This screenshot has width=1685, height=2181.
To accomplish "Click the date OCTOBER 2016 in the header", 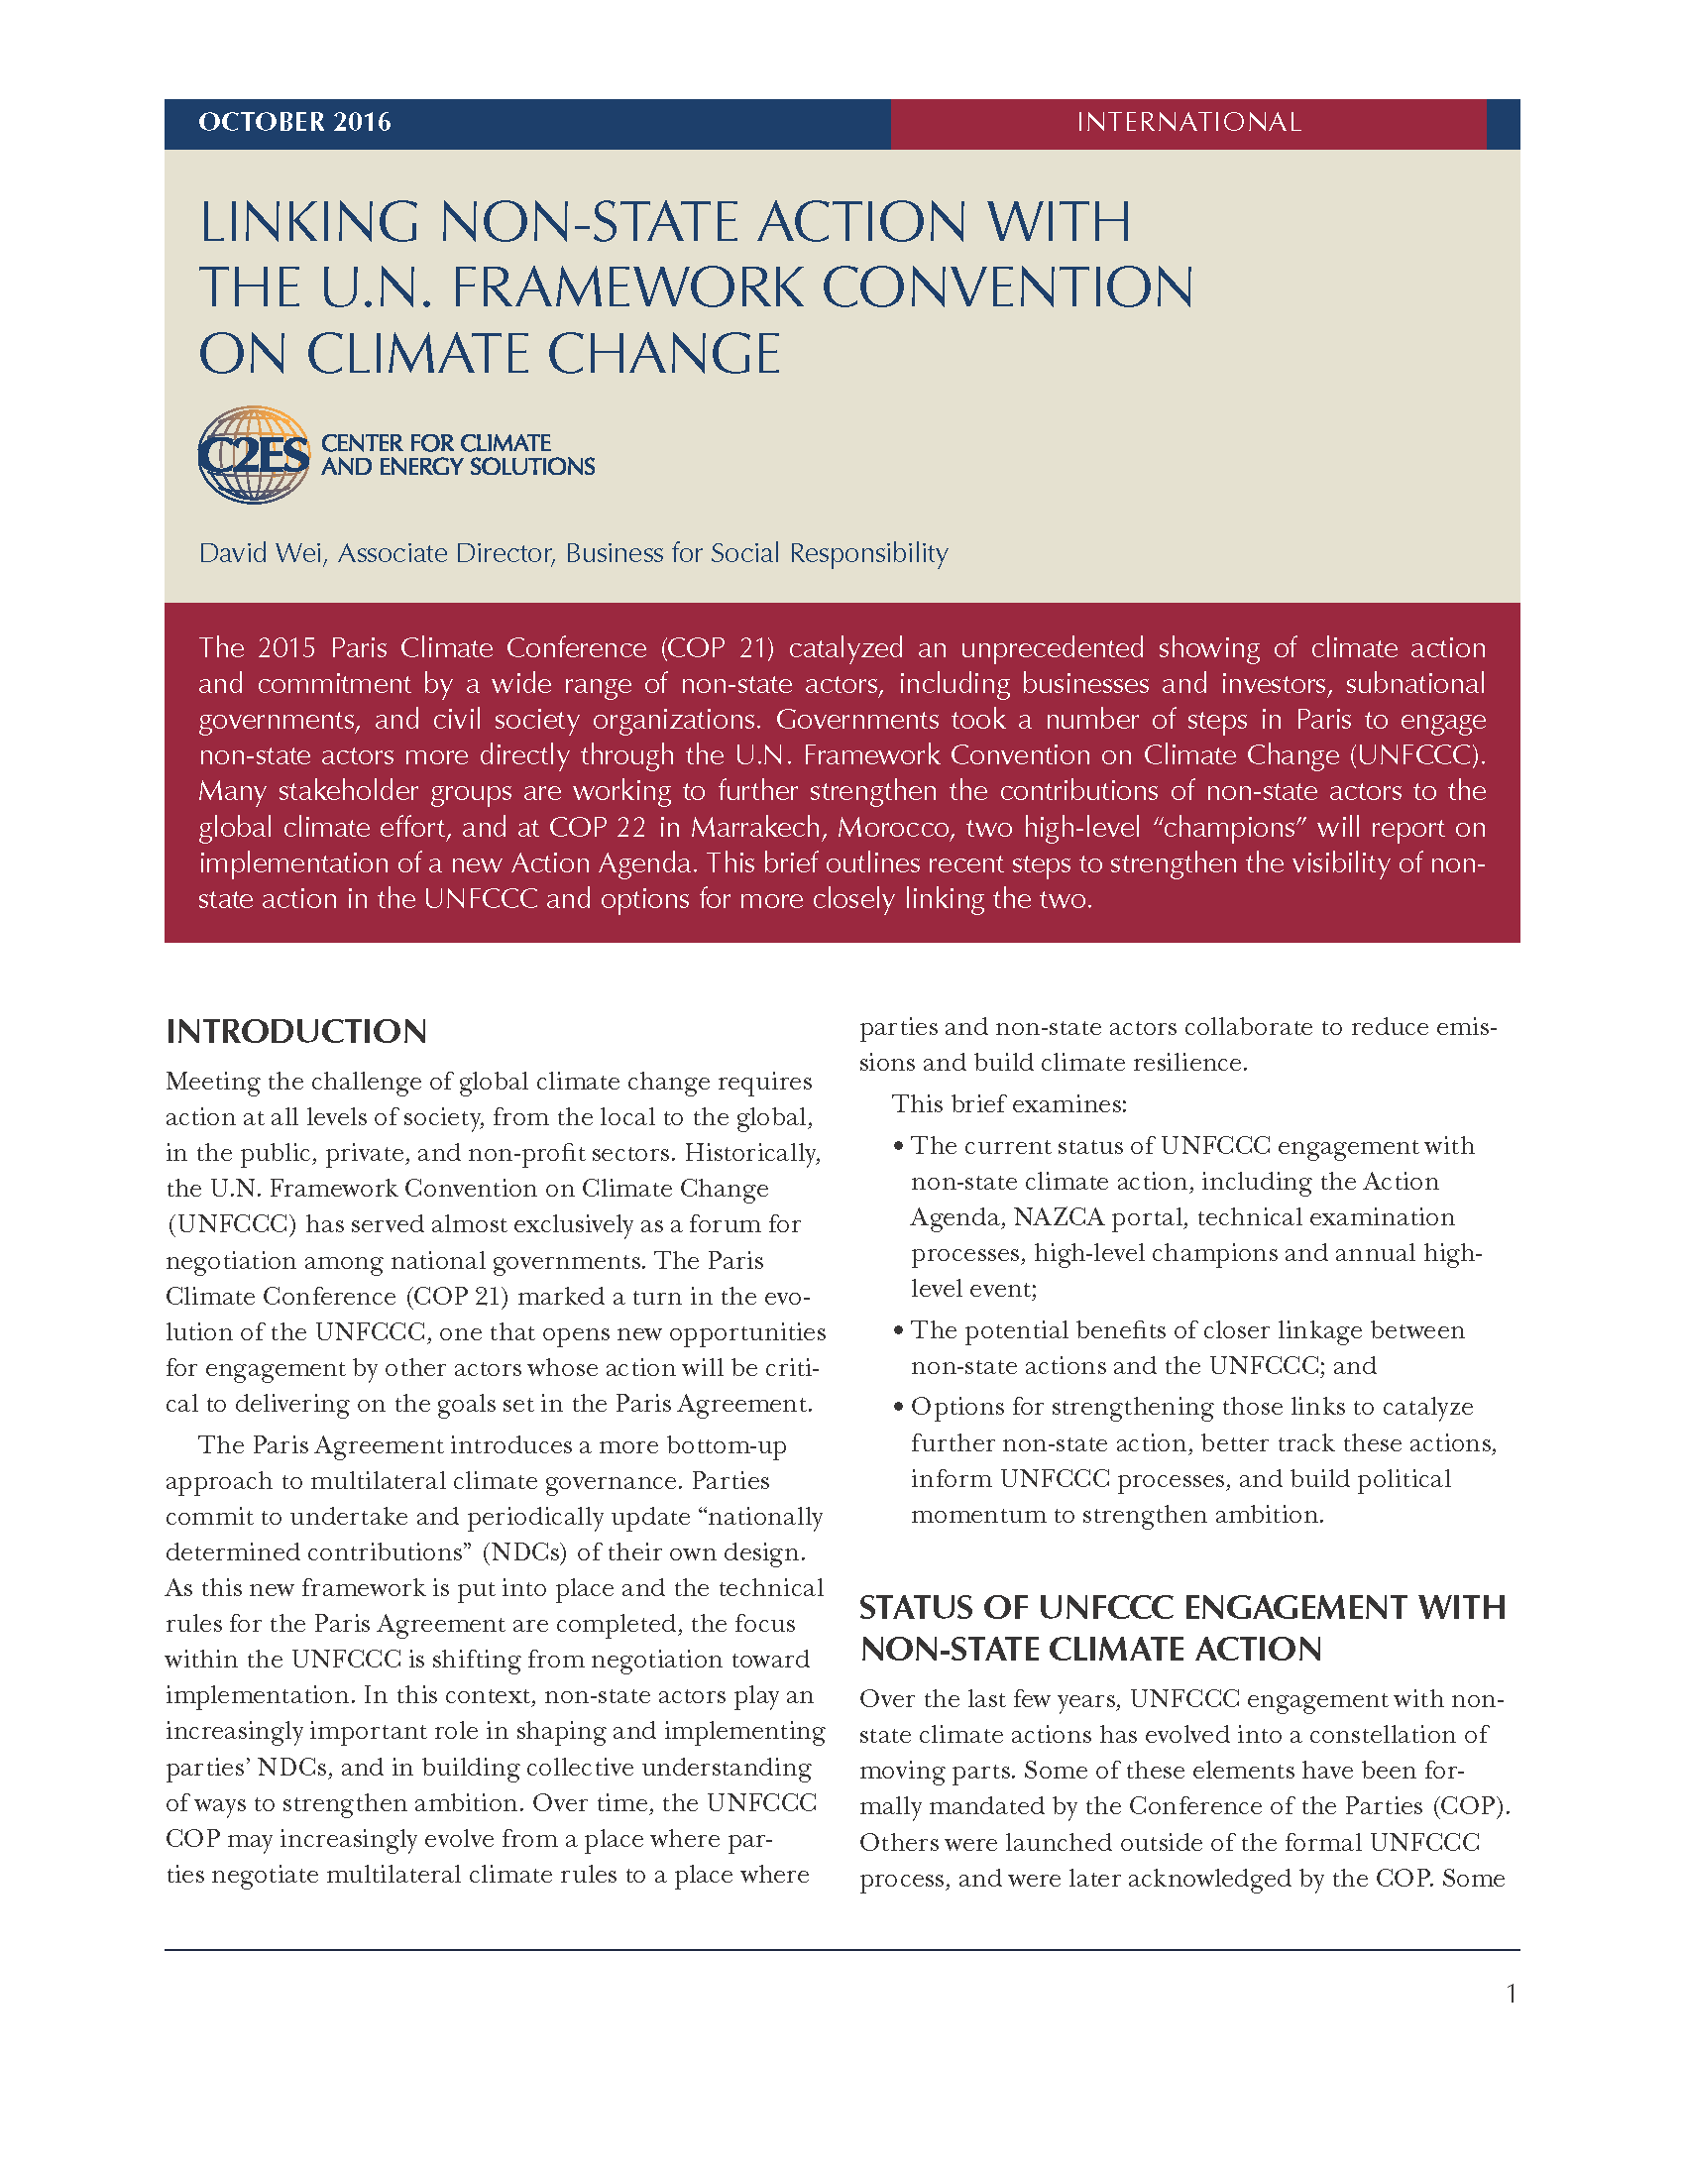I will click(x=294, y=122).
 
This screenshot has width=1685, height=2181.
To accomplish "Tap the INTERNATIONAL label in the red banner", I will click(x=1187, y=122).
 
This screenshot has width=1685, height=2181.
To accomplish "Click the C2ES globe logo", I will click(x=254, y=454).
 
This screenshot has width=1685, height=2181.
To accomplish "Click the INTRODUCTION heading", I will click(x=296, y=1032).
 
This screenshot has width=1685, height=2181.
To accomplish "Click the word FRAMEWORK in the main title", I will click(x=626, y=287).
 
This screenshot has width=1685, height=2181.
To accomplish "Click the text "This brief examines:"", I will click(x=1008, y=1104).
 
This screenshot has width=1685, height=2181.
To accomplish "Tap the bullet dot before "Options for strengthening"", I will click(x=898, y=1407).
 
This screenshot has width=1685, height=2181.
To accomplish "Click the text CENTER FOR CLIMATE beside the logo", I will click(x=435, y=442).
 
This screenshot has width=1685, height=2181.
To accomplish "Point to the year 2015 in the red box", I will click(x=286, y=648).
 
